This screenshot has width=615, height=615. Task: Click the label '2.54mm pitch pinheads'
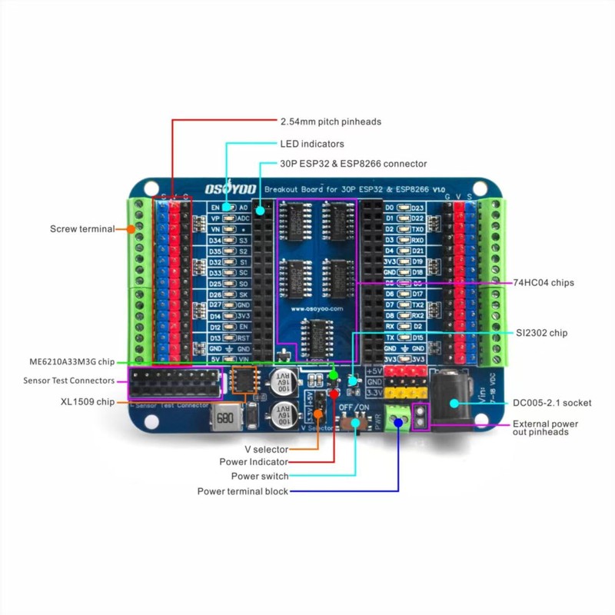(x=331, y=121)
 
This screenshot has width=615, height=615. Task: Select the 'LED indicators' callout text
(x=311, y=144)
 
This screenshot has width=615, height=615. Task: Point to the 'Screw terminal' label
(x=81, y=229)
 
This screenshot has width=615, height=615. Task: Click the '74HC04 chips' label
(x=544, y=283)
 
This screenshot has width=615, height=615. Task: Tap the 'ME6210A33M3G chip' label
(x=65, y=361)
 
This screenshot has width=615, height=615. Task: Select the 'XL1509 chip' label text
(x=87, y=401)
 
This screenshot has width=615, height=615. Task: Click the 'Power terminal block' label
(x=242, y=491)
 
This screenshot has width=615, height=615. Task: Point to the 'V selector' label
(x=266, y=449)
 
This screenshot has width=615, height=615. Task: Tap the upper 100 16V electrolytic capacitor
(x=281, y=378)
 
